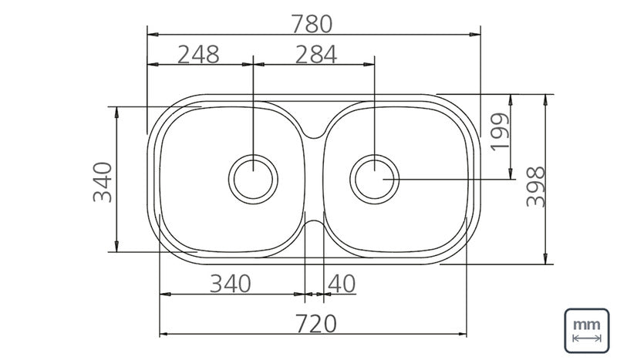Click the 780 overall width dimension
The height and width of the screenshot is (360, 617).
[x=312, y=24]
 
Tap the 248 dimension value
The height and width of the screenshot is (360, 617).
[x=198, y=54]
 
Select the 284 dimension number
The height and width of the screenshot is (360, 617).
[x=316, y=54]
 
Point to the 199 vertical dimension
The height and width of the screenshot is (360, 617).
[x=500, y=131]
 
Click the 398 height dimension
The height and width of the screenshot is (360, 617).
[x=536, y=187]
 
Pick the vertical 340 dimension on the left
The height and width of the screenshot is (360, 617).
[x=103, y=182]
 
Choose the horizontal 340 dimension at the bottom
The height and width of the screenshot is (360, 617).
[x=230, y=284]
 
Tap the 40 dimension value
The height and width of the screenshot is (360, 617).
[x=342, y=284]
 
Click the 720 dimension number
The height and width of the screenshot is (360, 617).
[x=316, y=324]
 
